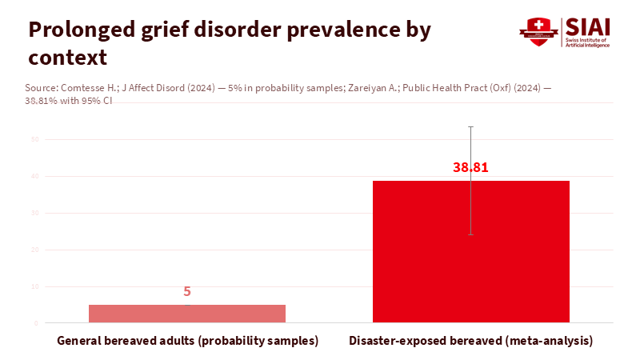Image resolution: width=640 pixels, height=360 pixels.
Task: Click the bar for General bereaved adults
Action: (x=187, y=314)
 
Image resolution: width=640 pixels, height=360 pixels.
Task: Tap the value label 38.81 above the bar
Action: (x=470, y=168)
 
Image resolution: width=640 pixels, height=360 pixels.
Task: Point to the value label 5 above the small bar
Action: (x=187, y=292)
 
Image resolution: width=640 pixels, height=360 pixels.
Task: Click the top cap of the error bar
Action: (x=470, y=126)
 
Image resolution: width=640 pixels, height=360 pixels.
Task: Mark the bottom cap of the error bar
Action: (x=470, y=234)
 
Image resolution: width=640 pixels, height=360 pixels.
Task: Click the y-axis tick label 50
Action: (x=36, y=139)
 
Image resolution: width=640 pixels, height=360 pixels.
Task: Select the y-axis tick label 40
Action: (x=36, y=176)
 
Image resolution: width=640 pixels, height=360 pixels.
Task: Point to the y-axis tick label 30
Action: (x=36, y=213)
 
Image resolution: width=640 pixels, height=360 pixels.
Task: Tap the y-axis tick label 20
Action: (x=36, y=250)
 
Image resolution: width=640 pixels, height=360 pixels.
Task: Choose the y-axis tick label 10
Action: (x=36, y=286)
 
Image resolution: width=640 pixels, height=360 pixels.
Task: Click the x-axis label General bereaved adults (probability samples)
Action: (x=187, y=341)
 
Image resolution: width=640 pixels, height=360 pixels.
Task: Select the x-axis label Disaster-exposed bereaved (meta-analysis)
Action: (x=470, y=341)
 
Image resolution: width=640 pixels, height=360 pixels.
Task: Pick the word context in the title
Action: (x=67, y=58)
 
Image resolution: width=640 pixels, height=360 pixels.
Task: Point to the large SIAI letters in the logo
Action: (x=590, y=26)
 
